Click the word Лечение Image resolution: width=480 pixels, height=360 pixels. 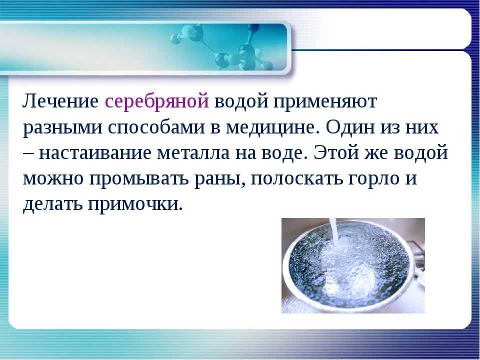[60, 101]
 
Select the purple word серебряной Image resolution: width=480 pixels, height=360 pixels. [156, 102]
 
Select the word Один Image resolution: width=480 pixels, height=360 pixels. [350, 126]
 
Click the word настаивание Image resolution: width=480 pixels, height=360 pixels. [95, 152]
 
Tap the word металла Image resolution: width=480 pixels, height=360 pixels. [193, 153]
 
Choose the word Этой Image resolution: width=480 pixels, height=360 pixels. [336, 152]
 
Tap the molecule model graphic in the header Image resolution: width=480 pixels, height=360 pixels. [221, 47]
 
